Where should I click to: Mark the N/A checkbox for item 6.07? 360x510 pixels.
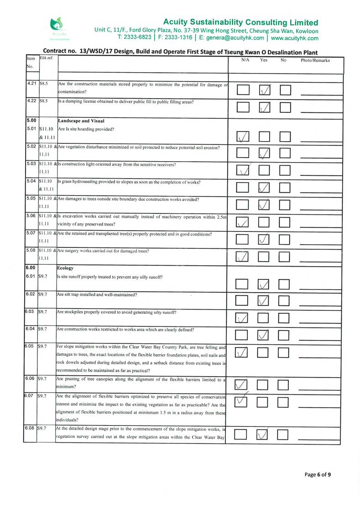[x=243, y=402]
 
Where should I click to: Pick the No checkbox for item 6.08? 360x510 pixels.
[x=286, y=435]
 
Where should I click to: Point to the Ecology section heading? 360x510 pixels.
[x=66, y=268]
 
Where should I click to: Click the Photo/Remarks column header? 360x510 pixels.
[x=315, y=60]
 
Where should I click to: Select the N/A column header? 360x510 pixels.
[x=245, y=60]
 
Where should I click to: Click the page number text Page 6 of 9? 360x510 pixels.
[x=318, y=474]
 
